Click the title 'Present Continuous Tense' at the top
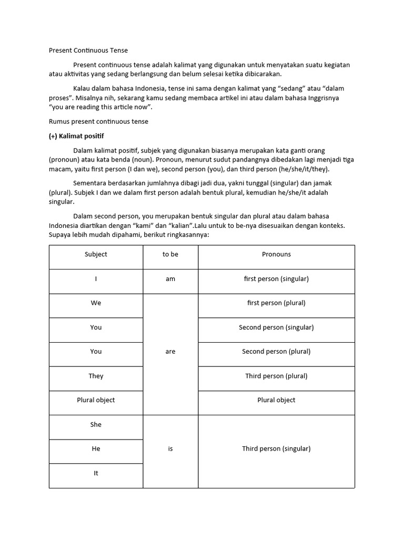(88, 51)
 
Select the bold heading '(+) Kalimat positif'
(76, 136)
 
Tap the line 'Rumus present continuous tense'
(98, 122)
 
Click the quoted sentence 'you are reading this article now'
(100, 107)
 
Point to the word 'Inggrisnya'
(323, 98)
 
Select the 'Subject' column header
(96, 254)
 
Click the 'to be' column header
(170, 254)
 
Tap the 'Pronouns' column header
(276, 254)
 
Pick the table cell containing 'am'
(170, 279)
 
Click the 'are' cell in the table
(170, 352)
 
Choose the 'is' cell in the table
(170, 449)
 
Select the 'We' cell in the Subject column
(96, 303)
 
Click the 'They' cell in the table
(96, 376)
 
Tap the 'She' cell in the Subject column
(96, 425)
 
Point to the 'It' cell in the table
(96, 473)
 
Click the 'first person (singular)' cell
(276, 279)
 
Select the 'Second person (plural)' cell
(276, 352)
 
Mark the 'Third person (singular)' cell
(276, 449)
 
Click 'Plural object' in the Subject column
(96, 400)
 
